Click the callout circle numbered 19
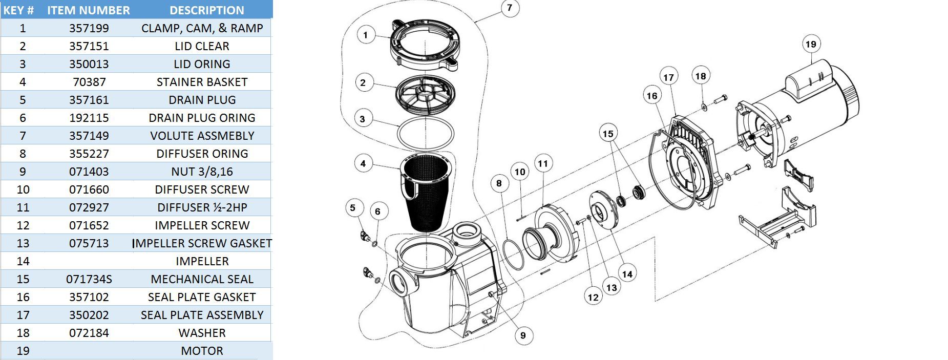810,44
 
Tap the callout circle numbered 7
509,8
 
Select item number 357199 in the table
89,28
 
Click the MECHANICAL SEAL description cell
202,279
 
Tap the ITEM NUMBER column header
89,10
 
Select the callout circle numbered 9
523,335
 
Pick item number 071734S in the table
89,279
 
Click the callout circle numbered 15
607,134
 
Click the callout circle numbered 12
593,297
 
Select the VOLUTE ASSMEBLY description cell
202,136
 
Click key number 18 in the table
23,333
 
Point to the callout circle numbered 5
352,208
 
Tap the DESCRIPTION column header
206,10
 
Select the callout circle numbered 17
668,77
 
